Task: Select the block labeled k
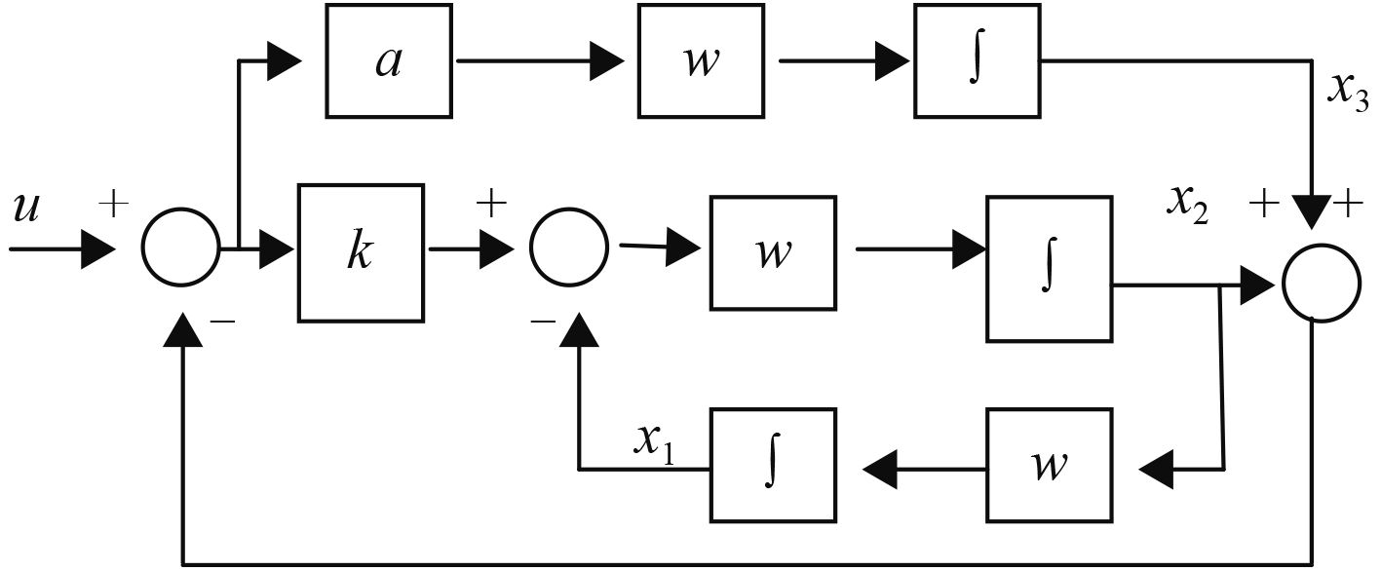(x=361, y=251)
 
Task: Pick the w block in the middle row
(x=772, y=251)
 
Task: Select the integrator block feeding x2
(x=1049, y=268)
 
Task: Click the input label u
(x=26, y=208)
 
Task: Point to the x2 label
(x=1188, y=202)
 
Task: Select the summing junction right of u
(x=181, y=250)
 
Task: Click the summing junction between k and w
(x=568, y=250)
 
